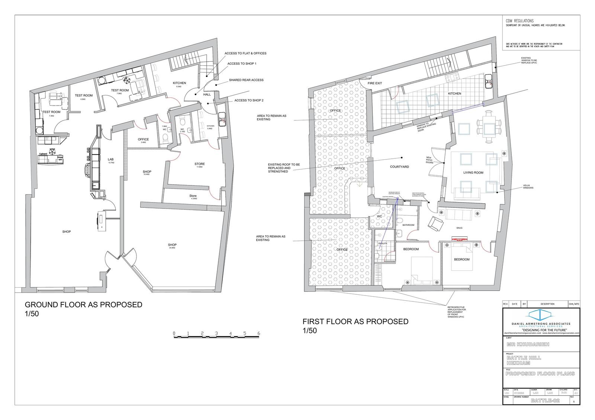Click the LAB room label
click(x=111, y=159)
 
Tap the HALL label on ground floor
click(x=207, y=94)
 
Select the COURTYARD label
click(x=399, y=167)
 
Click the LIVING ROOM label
click(x=473, y=172)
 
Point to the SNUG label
click(x=459, y=228)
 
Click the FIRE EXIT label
click(x=375, y=83)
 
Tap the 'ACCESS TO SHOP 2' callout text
click(x=249, y=101)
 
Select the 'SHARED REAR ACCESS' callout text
click(x=246, y=80)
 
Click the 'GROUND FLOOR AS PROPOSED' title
click(x=83, y=305)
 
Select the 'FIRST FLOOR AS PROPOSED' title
click(x=355, y=322)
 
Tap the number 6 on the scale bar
click(x=258, y=333)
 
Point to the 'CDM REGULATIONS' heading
click(x=520, y=21)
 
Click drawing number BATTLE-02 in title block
click(x=546, y=401)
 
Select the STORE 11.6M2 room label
click(x=199, y=164)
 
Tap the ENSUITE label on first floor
click(x=383, y=243)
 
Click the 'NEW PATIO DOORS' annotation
click(x=429, y=160)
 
